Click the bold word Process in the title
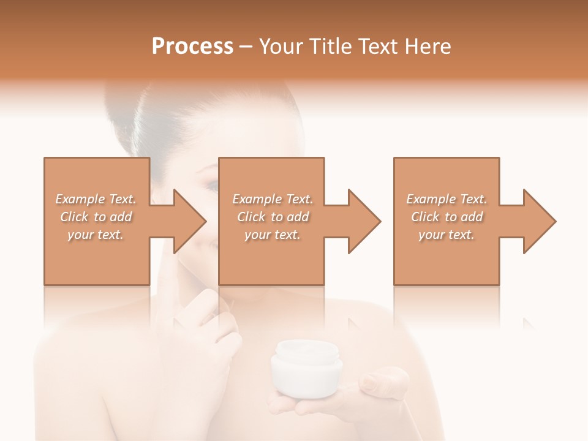192,46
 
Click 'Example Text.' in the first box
96,199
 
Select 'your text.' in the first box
96,235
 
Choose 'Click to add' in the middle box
272,217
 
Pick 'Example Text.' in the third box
446,199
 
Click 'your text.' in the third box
446,235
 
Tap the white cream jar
306,371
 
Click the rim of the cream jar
306,350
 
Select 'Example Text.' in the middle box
272,199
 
